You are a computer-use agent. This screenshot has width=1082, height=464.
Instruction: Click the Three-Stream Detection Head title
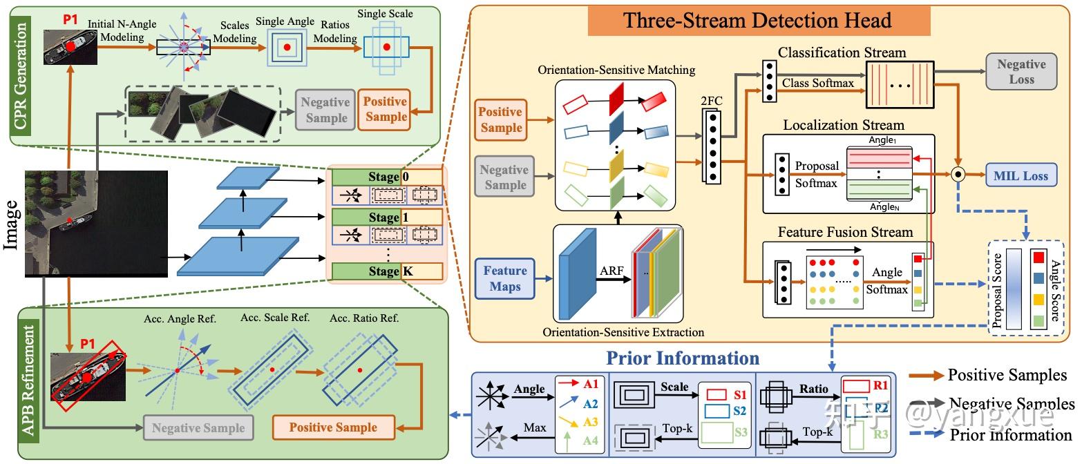pyautogui.click(x=757, y=21)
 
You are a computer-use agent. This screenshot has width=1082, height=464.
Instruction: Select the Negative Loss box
pyautogui.click(x=1021, y=72)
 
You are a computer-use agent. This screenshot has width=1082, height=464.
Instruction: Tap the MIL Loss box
pyautogui.click(x=1021, y=175)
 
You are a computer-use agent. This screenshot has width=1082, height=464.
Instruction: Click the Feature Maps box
pyautogui.click(x=505, y=278)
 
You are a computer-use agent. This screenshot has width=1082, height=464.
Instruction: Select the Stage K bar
pyautogui.click(x=386, y=271)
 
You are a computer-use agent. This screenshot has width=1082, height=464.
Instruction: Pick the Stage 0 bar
pyautogui.click(x=386, y=177)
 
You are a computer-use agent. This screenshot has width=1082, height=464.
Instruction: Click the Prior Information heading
pyautogui.click(x=683, y=358)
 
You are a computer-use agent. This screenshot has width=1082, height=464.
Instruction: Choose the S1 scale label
pyautogui.click(x=739, y=395)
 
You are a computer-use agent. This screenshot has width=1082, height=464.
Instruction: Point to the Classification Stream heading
pyautogui.click(x=842, y=52)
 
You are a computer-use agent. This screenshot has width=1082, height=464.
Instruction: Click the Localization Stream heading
pyautogui.click(x=843, y=125)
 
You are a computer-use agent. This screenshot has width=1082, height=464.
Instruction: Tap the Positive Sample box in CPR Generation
pyautogui.click(x=386, y=109)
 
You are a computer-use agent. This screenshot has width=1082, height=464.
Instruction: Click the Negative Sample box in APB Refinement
pyautogui.click(x=198, y=427)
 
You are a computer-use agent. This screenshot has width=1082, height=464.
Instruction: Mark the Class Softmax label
pyautogui.click(x=817, y=84)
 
